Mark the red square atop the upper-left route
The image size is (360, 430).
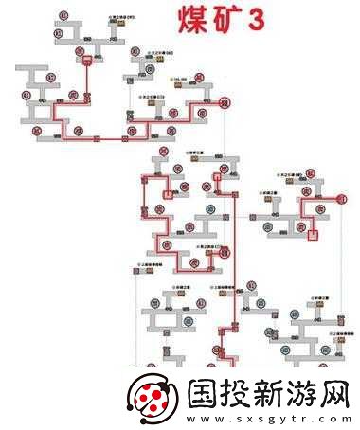tap(87, 61)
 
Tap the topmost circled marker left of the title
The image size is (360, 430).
tap(63, 16)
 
